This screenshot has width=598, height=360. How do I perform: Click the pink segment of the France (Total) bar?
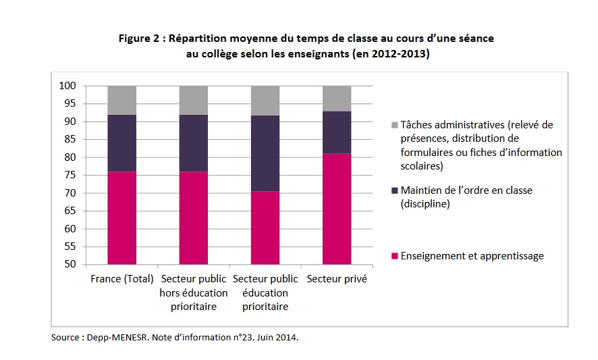point(122,217)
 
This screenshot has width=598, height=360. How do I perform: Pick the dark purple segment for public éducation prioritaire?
point(265,153)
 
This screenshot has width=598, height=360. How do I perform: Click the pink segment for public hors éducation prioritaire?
point(194,217)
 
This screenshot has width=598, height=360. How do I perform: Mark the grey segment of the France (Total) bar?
point(122,100)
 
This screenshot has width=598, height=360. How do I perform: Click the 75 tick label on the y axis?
point(70,175)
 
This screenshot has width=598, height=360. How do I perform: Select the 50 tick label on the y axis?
point(70,264)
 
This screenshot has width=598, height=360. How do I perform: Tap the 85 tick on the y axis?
point(70,139)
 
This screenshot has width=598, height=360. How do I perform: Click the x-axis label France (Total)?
point(121,279)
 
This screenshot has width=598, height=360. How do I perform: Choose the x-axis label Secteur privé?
point(337,279)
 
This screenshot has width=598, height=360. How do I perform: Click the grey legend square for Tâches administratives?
point(394,125)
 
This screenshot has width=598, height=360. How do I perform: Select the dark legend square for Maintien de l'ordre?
point(394,190)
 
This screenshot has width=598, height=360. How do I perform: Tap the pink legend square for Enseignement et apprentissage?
point(394,256)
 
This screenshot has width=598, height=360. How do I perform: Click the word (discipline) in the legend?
point(425,203)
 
